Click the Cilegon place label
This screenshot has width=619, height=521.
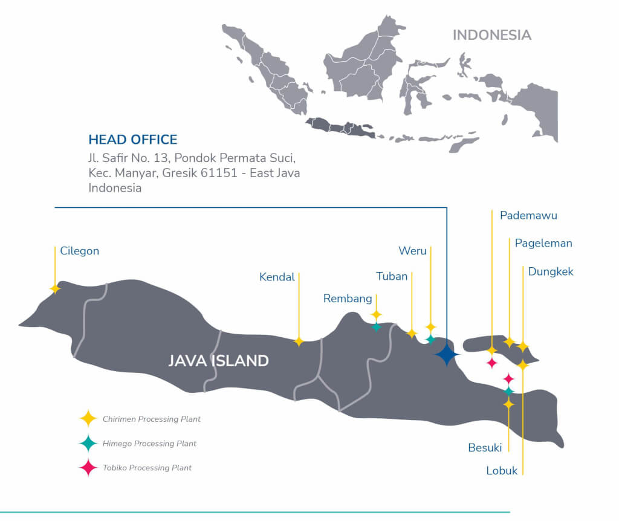[79, 251]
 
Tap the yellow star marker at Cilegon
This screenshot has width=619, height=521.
[55, 289]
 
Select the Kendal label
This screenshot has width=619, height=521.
[277, 277]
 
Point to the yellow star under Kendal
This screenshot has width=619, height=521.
[299, 341]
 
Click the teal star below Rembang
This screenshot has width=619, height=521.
[376, 327]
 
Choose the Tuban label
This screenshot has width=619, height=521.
[392, 276]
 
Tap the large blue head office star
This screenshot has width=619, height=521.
[447, 354]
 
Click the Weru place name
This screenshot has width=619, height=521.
[412, 251]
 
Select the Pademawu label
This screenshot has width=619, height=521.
[528, 216]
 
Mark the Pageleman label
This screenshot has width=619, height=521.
[543, 244]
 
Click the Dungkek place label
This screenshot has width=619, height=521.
[550, 272]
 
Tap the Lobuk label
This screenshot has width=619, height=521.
[502, 471]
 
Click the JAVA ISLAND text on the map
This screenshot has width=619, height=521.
[218, 361]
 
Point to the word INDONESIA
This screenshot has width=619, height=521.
[491, 35]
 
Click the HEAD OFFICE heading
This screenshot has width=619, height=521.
[133, 140]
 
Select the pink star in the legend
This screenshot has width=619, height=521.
[88, 468]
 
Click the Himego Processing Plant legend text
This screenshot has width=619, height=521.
[149, 444]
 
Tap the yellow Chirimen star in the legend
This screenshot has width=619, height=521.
[88, 418]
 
